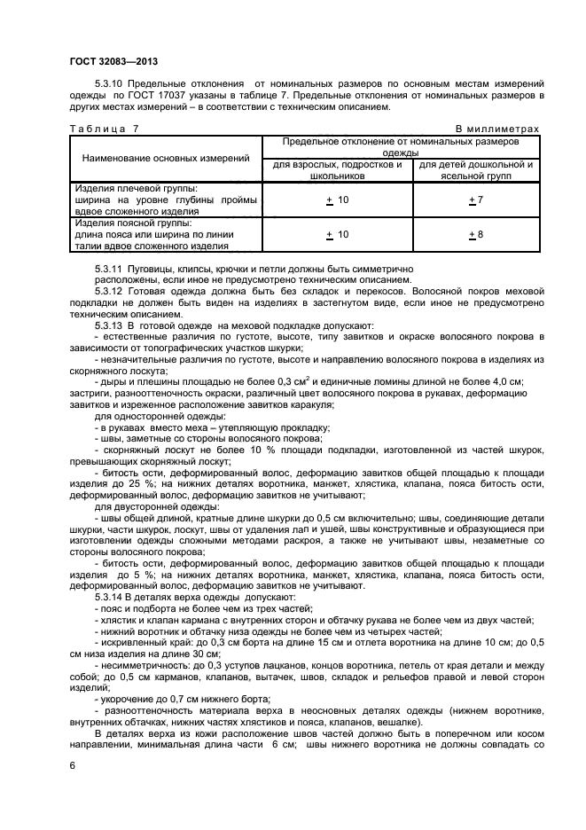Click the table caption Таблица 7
tap(104, 129)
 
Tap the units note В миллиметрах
tap(496, 129)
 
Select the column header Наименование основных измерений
tap(165, 158)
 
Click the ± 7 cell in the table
tap(475, 200)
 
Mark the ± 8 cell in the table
tap(475, 234)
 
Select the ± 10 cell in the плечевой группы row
tap(337, 200)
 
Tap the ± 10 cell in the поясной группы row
tap(337, 234)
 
